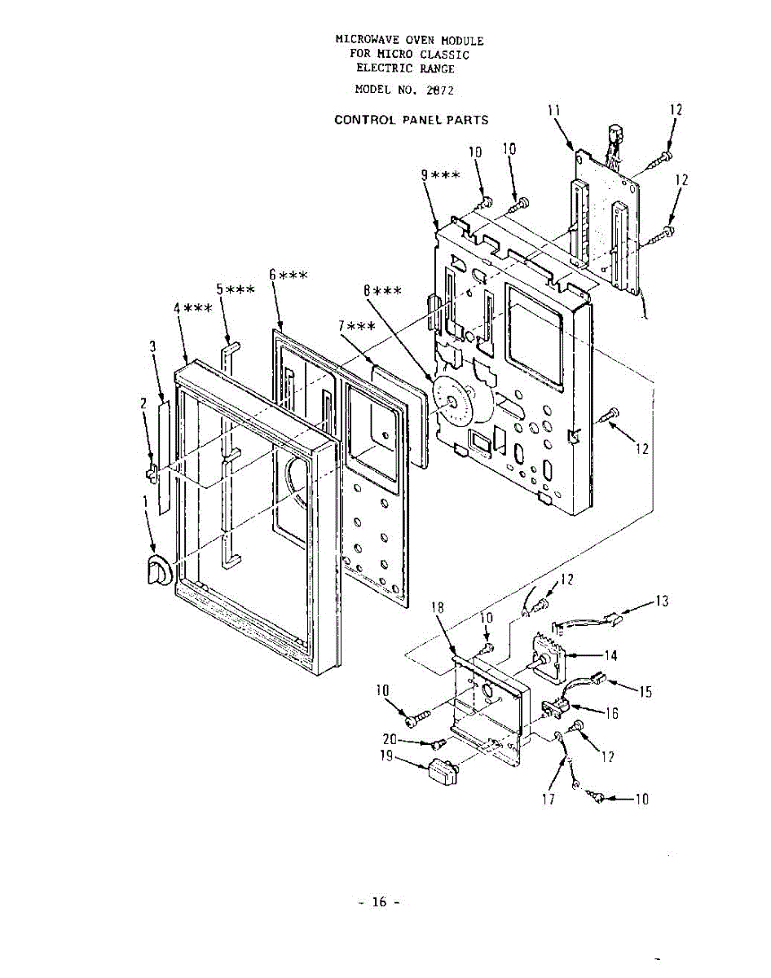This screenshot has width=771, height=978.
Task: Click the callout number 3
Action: pyautogui.click(x=152, y=347)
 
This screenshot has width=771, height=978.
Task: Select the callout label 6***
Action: pyautogui.click(x=288, y=275)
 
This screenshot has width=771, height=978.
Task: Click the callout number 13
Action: pyautogui.click(x=662, y=601)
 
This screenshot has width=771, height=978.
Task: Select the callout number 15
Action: pyautogui.click(x=645, y=692)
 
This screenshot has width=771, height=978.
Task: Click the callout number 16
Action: pyautogui.click(x=610, y=713)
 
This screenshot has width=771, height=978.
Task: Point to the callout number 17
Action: pyautogui.click(x=549, y=800)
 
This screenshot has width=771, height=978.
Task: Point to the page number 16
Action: pyautogui.click(x=379, y=901)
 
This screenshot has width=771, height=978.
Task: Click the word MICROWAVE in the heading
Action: pyautogui.click(x=365, y=40)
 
